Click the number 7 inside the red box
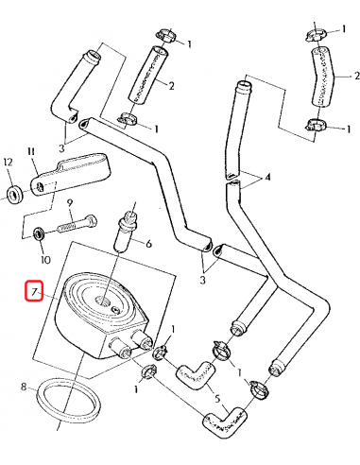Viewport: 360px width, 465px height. tap(34, 294)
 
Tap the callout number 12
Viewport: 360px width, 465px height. tap(8, 162)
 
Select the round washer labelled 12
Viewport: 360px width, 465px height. tap(14, 196)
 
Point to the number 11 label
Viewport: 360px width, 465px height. tap(31, 151)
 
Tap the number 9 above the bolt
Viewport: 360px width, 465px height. tap(69, 204)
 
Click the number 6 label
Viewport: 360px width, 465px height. tap(147, 243)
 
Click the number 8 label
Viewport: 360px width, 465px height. tap(25, 387)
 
